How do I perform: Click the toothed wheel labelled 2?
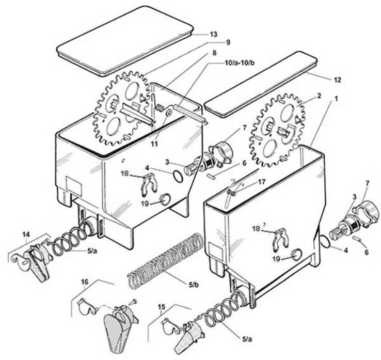[277, 129]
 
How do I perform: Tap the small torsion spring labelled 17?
[232, 191]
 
